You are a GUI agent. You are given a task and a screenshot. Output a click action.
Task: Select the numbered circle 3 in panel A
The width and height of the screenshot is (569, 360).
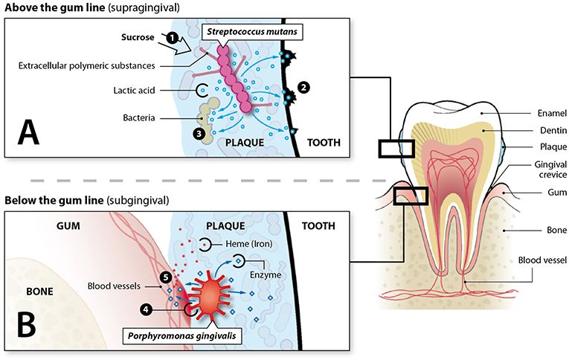point(198,133)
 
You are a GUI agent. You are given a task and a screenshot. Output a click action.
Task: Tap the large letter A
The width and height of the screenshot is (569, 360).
point(29,133)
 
